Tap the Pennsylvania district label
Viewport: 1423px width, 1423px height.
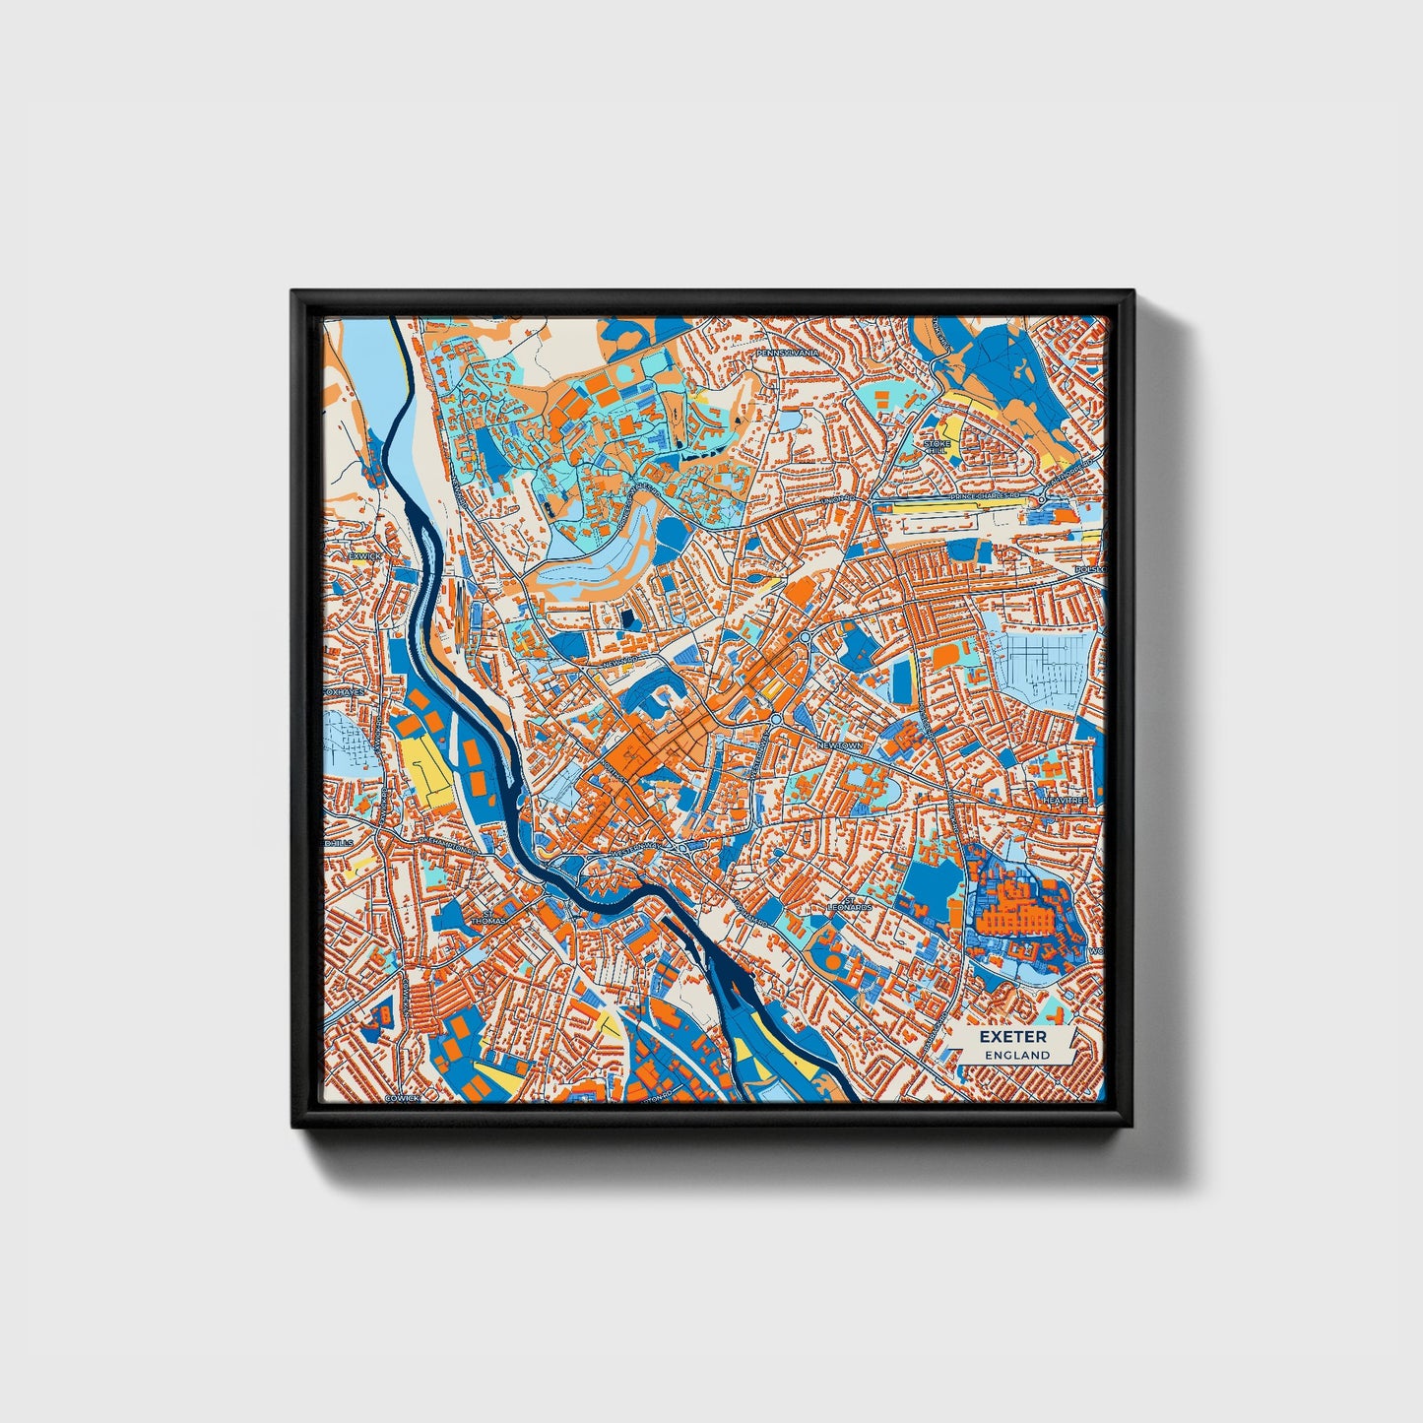click(786, 352)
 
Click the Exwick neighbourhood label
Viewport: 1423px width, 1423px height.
click(362, 555)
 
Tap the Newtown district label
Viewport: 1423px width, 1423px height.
click(838, 746)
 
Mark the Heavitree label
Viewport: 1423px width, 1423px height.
click(1067, 802)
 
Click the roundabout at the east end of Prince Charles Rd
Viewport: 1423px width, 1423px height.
click(1042, 500)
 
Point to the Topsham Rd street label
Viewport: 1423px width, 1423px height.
click(755, 916)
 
